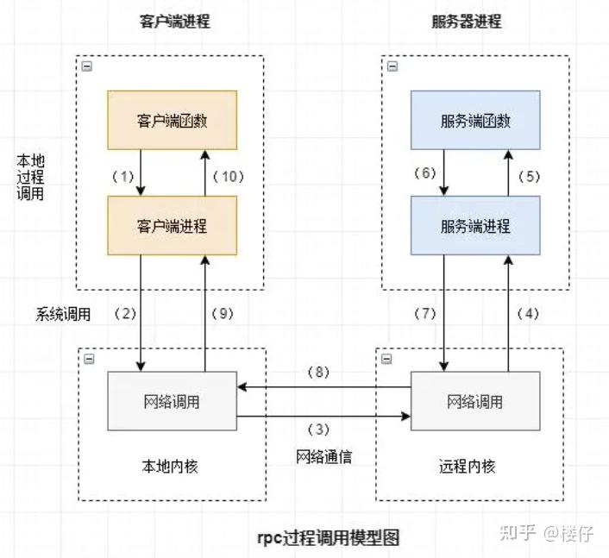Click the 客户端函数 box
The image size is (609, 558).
(x=173, y=120)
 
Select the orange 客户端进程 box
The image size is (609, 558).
(x=173, y=226)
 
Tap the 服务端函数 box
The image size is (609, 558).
(x=475, y=120)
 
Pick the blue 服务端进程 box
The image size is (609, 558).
(x=475, y=226)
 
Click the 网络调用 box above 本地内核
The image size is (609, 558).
(x=173, y=401)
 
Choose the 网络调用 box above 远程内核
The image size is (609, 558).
(x=475, y=401)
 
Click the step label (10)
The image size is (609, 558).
(x=229, y=176)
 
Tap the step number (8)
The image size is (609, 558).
(x=319, y=373)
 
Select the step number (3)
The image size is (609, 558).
(x=319, y=429)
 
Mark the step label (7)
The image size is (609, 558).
(x=427, y=314)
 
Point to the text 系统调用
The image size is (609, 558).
(x=63, y=314)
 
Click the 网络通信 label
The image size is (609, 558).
(x=323, y=457)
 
